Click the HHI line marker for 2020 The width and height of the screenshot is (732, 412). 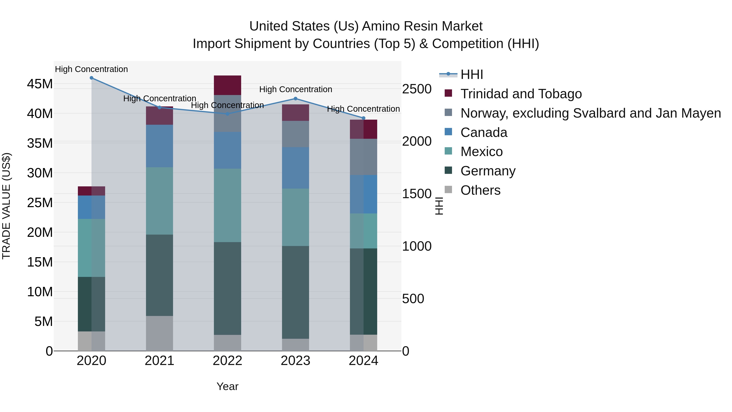[91, 78]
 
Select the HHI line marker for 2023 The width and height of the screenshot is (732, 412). [295, 99]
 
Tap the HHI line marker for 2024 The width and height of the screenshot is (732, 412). [363, 118]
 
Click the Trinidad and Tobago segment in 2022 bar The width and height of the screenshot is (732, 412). [227, 85]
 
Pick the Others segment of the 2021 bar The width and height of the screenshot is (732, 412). [159, 333]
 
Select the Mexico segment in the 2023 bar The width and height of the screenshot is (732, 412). [295, 217]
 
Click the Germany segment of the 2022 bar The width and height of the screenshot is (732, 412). [227, 288]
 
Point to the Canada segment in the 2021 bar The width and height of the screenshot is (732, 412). [159, 146]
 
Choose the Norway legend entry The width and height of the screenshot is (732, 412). [590, 113]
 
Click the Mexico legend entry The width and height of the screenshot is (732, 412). [481, 152]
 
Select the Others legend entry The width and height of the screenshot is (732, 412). [480, 190]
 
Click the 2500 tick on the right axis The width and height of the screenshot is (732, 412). [417, 89]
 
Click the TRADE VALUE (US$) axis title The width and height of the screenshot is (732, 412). [6, 206]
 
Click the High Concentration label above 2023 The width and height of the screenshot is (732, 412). [295, 89]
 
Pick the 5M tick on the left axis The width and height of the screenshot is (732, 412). [44, 322]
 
